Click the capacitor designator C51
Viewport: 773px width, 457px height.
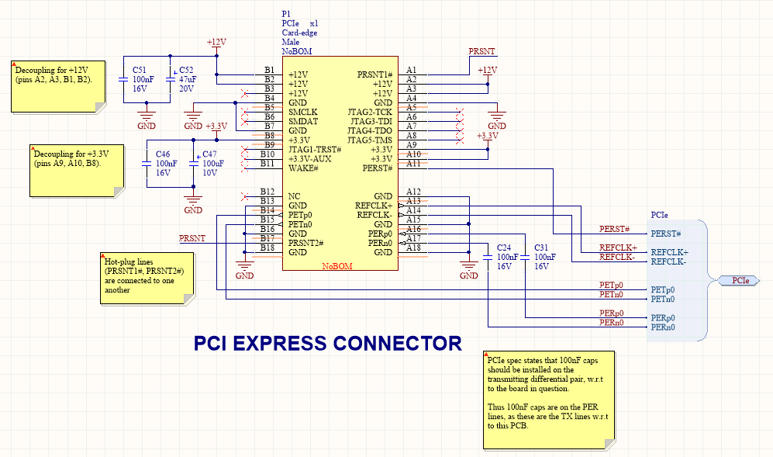point(140,70)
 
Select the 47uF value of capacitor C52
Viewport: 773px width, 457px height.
point(187,79)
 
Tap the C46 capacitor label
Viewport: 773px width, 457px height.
point(163,154)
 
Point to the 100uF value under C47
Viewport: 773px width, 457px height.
point(213,164)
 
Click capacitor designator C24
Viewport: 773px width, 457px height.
point(505,248)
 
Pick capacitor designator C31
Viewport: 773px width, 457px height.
point(541,248)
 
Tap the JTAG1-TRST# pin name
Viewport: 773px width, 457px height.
point(315,150)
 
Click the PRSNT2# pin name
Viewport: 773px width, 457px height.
point(305,243)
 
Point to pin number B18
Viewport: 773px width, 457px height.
point(267,248)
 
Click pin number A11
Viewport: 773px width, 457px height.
point(412,163)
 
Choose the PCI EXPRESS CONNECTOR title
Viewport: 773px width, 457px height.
point(327,343)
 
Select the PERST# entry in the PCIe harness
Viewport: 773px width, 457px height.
point(665,234)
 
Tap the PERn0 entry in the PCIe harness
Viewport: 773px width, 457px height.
point(663,327)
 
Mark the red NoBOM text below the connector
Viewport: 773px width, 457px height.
point(337,266)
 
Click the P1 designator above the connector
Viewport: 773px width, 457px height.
point(286,15)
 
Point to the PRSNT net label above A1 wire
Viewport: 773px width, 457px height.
point(481,51)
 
